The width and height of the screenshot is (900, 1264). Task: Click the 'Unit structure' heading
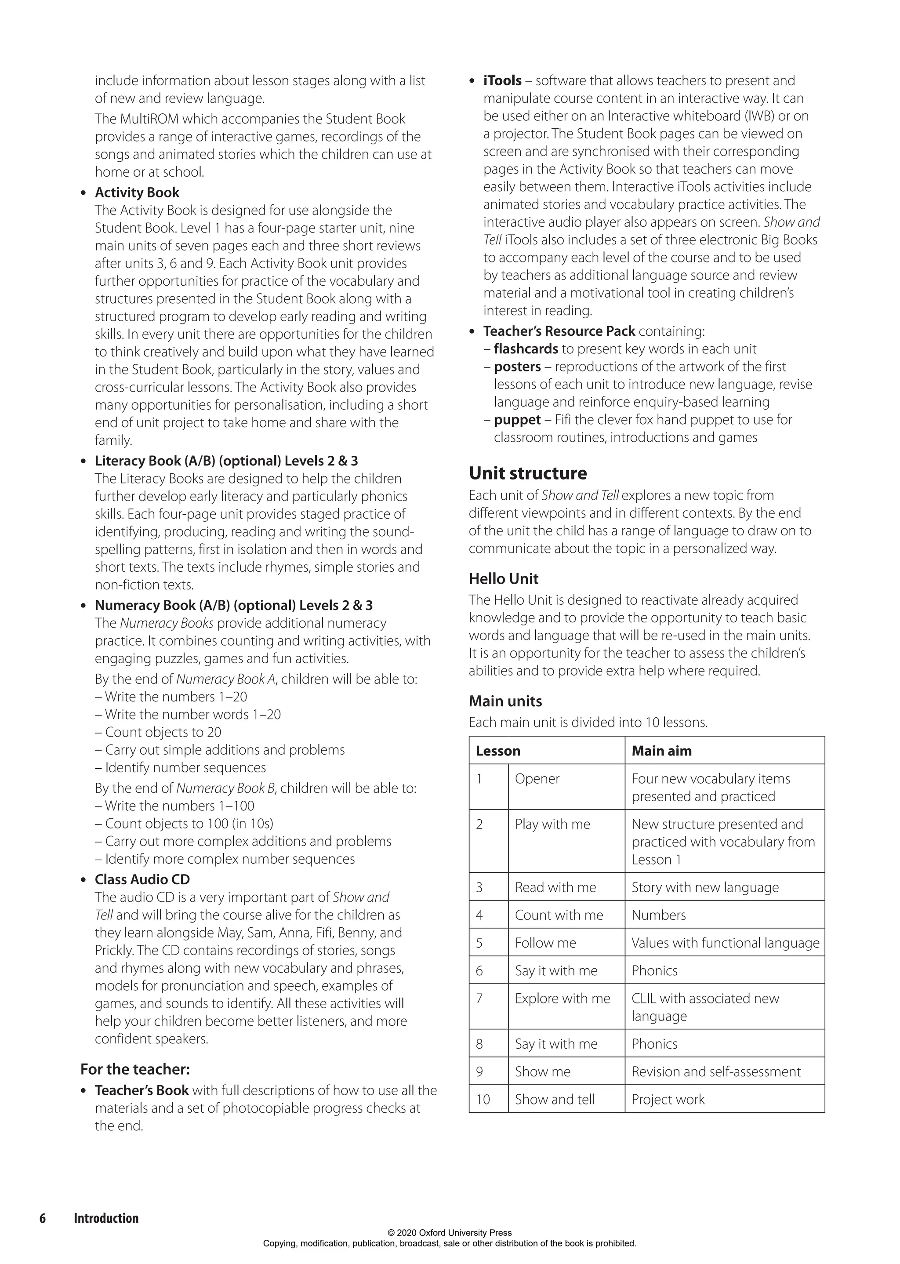[x=528, y=473]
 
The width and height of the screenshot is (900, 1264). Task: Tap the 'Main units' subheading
[x=505, y=701]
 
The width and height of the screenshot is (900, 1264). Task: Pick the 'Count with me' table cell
[x=559, y=915]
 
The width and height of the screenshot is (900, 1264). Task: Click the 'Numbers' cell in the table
[x=658, y=915]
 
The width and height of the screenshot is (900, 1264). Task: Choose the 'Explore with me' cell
[x=562, y=998]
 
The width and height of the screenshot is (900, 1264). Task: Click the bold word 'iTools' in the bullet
[x=502, y=80]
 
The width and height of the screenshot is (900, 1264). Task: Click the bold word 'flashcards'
[x=526, y=349]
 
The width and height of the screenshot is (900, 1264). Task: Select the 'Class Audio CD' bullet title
[x=142, y=879]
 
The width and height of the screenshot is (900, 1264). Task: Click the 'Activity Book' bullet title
[x=137, y=193]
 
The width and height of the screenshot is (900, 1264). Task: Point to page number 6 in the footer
[x=43, y=1218]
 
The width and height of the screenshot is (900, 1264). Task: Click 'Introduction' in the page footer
[x=106, y=1218]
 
